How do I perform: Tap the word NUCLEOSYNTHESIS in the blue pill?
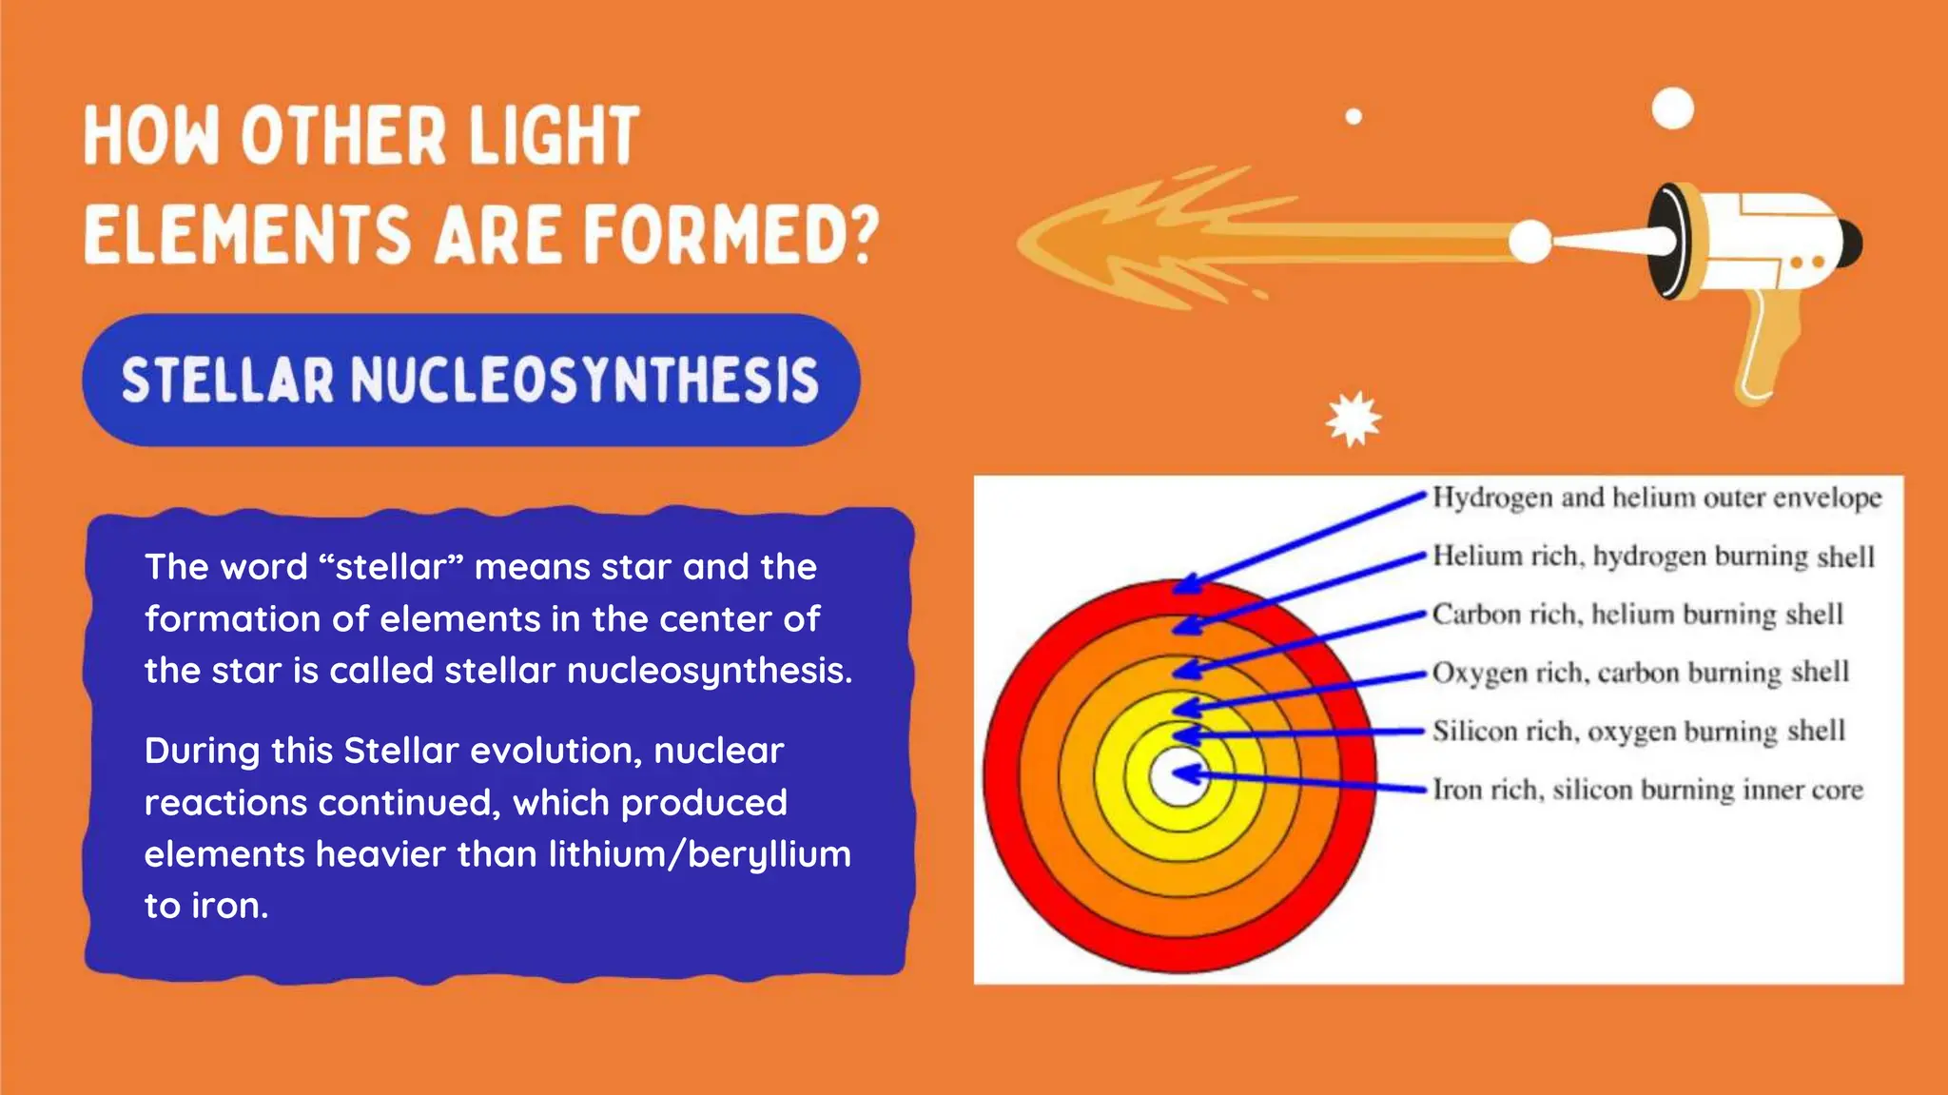pos(585,381)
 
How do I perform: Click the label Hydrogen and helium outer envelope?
pos(1656,498)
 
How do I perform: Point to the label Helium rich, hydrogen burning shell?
pos(1653,556)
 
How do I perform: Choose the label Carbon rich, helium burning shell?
pos(1637,615)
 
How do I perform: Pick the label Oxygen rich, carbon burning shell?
pos(1641,673)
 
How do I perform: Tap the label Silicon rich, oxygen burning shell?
pos(1638,732)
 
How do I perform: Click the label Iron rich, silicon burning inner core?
pos(1647,790)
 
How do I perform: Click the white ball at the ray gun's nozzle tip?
pos(1529,241)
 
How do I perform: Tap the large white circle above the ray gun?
pos(1672,108)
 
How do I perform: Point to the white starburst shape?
pos(1354,419)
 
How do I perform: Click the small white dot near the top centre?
pos(1354,117)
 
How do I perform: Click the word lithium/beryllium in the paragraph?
pos(699,854)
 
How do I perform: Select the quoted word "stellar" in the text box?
pos(391,567)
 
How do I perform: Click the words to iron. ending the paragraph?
pos(206,906)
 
